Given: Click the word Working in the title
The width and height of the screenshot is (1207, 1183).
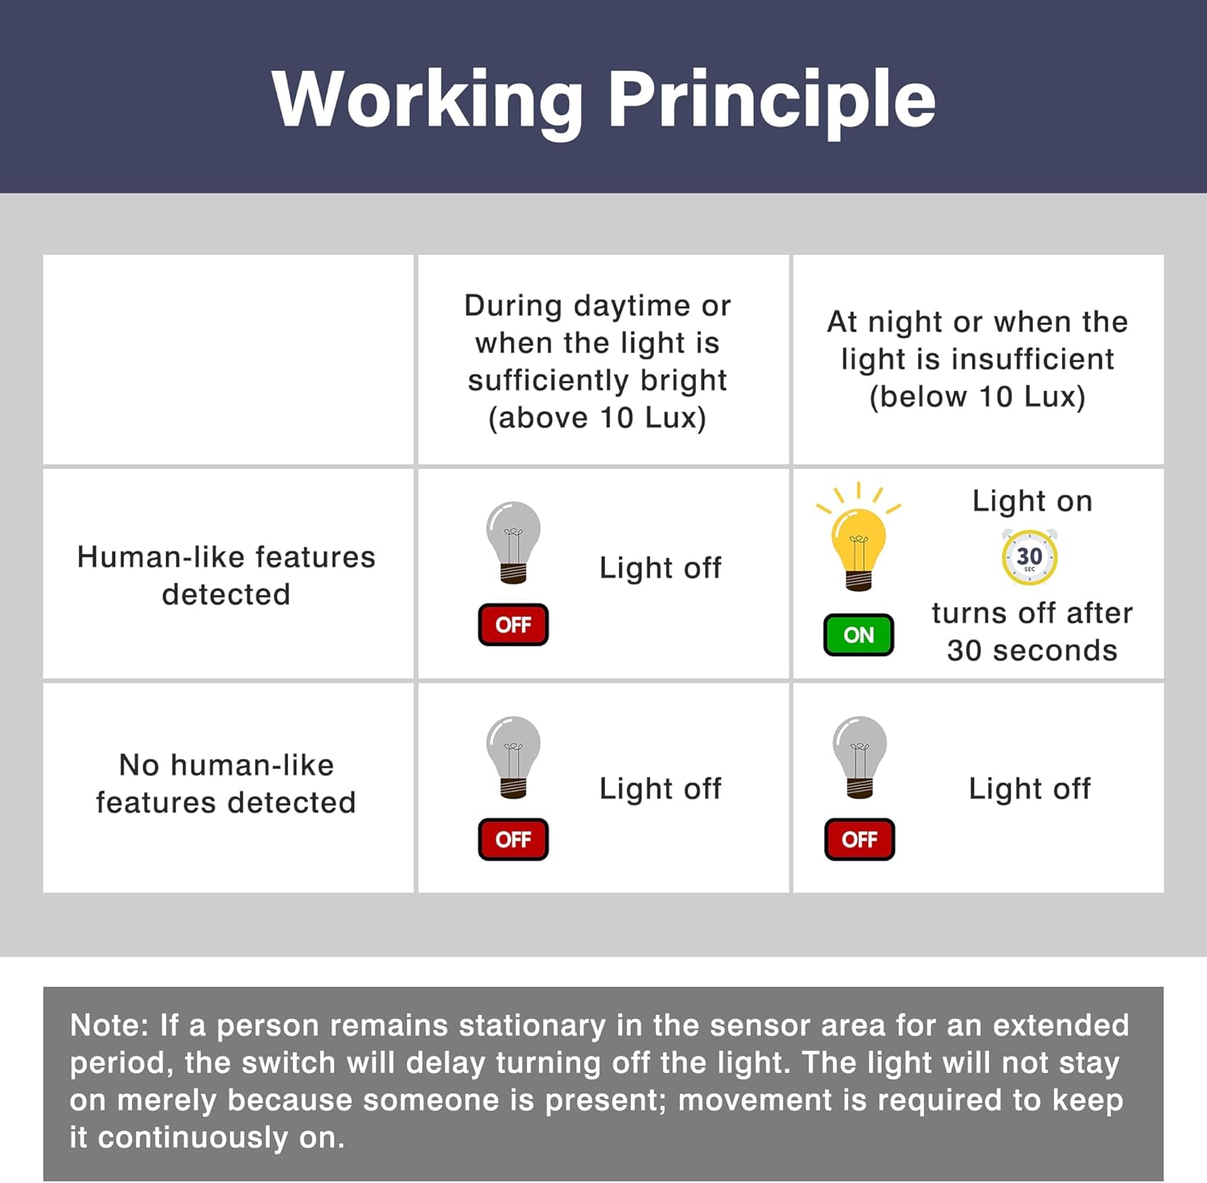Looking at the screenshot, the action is tap(428, 101).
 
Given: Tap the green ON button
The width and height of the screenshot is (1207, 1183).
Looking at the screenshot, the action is tap(859, 635).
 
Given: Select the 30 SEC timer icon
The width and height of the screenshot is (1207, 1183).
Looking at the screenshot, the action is tap(1029, 557).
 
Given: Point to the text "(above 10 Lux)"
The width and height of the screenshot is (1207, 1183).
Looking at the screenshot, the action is tap(597, 417).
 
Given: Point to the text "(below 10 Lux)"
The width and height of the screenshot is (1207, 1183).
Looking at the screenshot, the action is tap(978, 396).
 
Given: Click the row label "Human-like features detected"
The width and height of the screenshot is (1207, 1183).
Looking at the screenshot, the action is tap(226, 575).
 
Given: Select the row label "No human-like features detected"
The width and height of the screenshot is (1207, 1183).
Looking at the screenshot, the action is tap(226, 783).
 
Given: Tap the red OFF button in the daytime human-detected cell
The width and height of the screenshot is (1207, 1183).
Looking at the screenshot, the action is tap(513, 625).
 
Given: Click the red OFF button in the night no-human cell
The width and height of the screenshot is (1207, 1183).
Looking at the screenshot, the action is tap(859, 840).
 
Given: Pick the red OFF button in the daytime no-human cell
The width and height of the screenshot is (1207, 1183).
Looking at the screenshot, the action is tap(513, 840).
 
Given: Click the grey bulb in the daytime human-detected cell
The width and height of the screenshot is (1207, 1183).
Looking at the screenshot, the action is tap(513, 542).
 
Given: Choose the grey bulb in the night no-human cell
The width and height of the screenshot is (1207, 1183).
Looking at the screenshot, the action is tap(859, 757).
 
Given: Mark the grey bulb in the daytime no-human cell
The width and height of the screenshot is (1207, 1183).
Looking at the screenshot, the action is tap(513, 757).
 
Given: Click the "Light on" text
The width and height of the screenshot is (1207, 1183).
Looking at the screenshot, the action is tap(1032, 501).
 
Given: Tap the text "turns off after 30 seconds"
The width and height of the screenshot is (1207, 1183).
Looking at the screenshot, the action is tap(1032, 631).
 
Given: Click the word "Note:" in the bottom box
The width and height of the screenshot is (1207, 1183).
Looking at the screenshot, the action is tap(109, 1025).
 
